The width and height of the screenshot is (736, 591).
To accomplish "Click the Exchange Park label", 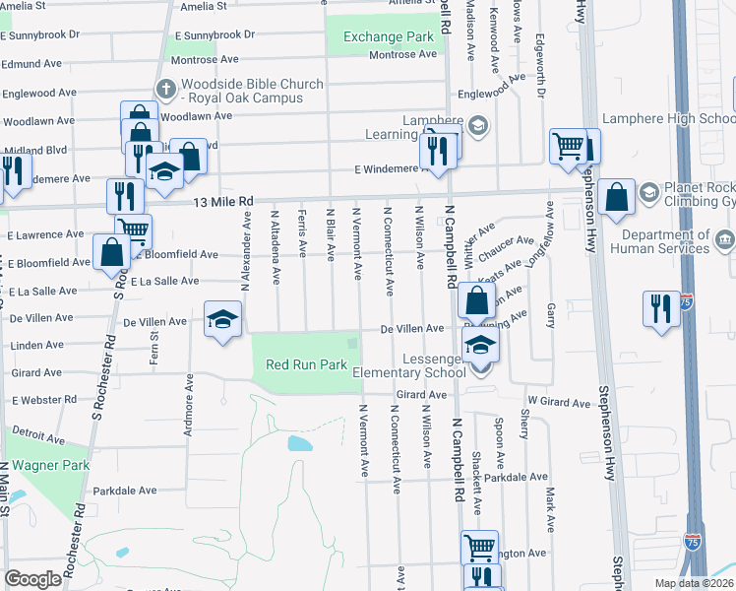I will [389, 37].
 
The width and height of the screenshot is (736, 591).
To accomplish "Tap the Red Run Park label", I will [307, 365].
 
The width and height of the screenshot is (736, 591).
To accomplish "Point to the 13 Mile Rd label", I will [222, 202].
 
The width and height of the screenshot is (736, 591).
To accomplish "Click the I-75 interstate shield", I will [693, 541].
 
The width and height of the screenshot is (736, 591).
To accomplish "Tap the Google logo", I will [32, 579].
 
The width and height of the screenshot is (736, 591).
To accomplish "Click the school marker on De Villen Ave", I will [222, 319].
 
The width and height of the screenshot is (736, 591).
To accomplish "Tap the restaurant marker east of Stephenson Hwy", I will [657, 307].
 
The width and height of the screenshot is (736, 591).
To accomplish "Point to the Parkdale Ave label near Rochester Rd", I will [125, 491].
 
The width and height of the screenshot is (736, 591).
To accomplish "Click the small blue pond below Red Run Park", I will [299, 443].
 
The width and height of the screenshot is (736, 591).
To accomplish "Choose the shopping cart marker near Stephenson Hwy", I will [568, 146].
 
